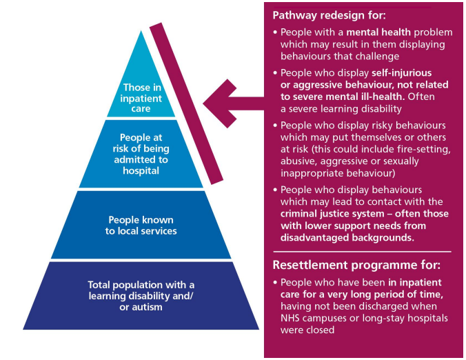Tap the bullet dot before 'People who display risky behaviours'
(276, 126)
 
